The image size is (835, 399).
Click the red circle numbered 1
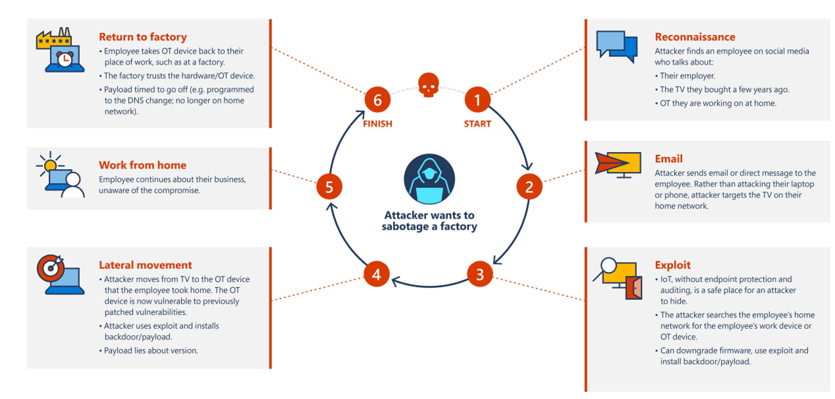477,101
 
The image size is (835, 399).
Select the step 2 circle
529,187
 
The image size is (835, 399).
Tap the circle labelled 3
479,273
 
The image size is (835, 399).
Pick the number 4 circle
377,273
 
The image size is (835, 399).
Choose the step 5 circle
329,187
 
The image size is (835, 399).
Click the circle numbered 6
377,101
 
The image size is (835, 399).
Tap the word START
477,124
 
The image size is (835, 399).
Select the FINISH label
377,124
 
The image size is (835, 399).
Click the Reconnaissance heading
695,37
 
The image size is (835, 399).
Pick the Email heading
668,159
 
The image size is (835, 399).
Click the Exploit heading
672,265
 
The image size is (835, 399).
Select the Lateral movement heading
146,265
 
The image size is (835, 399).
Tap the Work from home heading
142,165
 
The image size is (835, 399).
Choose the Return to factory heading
143,37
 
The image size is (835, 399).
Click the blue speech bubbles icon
616,45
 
